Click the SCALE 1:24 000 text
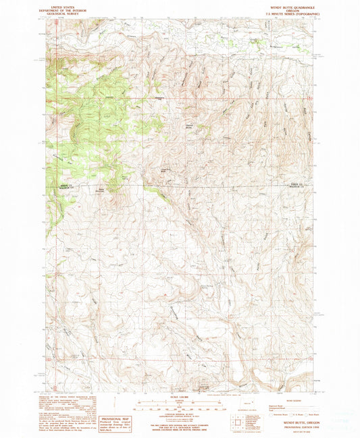coord(179,396)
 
